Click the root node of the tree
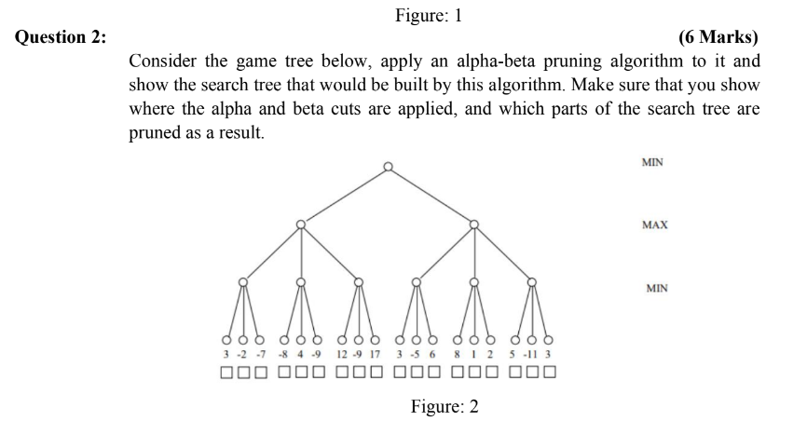point(388,168)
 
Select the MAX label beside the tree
point(655,225)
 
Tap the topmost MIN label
point(653,162)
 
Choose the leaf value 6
point(433,354)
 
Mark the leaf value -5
point(417,354)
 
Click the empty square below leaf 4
point(301,374)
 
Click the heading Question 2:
point(58,37)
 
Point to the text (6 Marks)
point(718,37)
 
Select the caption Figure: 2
point(445,408)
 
